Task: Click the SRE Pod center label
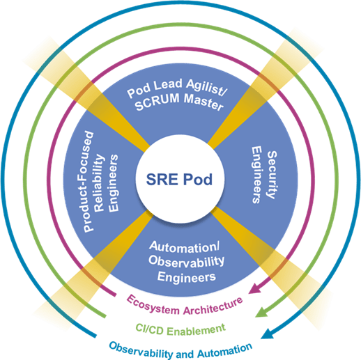(x=179, y=179)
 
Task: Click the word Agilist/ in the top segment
(x=206, y=86)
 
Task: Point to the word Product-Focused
(x=89, y=182)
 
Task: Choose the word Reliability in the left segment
(x=99, y=183)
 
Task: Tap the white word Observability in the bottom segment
(x=186, y=261)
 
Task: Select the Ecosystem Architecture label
(x=185, y=305)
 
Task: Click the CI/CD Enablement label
(x=180, y=329)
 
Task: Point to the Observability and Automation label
(x=180, y=350)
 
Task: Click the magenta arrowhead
(x=255, y=289)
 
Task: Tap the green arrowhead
(x=261, y=312)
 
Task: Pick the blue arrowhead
(x=268, y=334)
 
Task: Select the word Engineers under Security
(x=256, y=175)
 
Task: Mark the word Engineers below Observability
(x=187, y=277)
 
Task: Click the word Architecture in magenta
(x=213, y=307)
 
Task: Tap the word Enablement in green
(x=197, y=330)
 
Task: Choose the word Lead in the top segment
(x=168, y=85)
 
